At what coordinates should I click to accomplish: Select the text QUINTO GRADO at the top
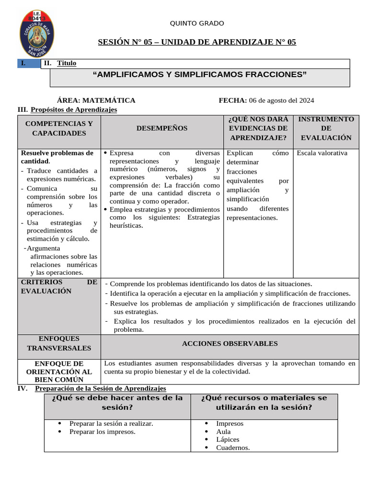[x=197, y=23]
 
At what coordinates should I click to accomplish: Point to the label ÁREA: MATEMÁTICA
[x=96, y=100]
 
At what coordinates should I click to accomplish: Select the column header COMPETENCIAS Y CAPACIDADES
[x=59, y=129]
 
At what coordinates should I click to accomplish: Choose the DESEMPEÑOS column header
[x=162, y=129]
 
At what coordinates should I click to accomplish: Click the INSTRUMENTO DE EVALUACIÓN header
[x=326, y=128]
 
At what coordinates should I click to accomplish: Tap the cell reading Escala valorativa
[x=322, y=153]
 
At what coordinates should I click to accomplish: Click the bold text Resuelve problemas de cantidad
[x=57, y=157]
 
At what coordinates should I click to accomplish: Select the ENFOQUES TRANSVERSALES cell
[x=59, y=343]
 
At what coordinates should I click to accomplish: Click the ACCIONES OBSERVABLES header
[x=230, y=344]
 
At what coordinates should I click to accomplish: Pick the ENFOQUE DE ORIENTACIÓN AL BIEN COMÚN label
[x=59, y=372]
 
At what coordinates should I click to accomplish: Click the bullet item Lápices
[x=228, y=440]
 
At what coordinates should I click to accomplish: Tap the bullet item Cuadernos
[x=233, y=448]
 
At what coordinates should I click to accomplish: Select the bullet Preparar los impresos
[x=102, y=432]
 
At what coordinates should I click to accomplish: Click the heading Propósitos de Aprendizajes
[x=74, y=110]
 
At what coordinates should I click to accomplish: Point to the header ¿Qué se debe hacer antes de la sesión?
[x=117, y=403]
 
